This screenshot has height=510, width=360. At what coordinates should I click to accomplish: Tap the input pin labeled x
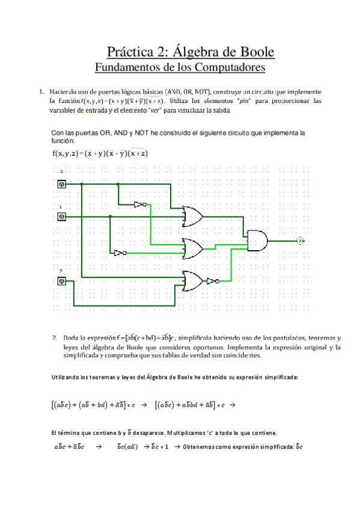[x=61, y=184]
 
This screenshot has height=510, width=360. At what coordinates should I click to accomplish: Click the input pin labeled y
[x=61, y=216]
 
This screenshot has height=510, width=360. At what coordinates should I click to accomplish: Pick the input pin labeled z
[x=61, y=280]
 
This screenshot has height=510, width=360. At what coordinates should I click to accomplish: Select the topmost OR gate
[x=193, y=217]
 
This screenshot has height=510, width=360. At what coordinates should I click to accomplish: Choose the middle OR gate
[x=193, y=247]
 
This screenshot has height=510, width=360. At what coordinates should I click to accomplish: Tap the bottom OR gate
[x=193, y=280]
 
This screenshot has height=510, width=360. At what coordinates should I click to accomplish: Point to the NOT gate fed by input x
[x=141, y=204]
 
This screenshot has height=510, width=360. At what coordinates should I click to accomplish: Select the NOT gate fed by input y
[x=120, y=253]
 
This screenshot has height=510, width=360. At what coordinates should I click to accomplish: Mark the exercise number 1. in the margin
[x=40, y=92]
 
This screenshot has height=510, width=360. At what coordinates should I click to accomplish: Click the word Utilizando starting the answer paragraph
[x=64, y=377]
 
